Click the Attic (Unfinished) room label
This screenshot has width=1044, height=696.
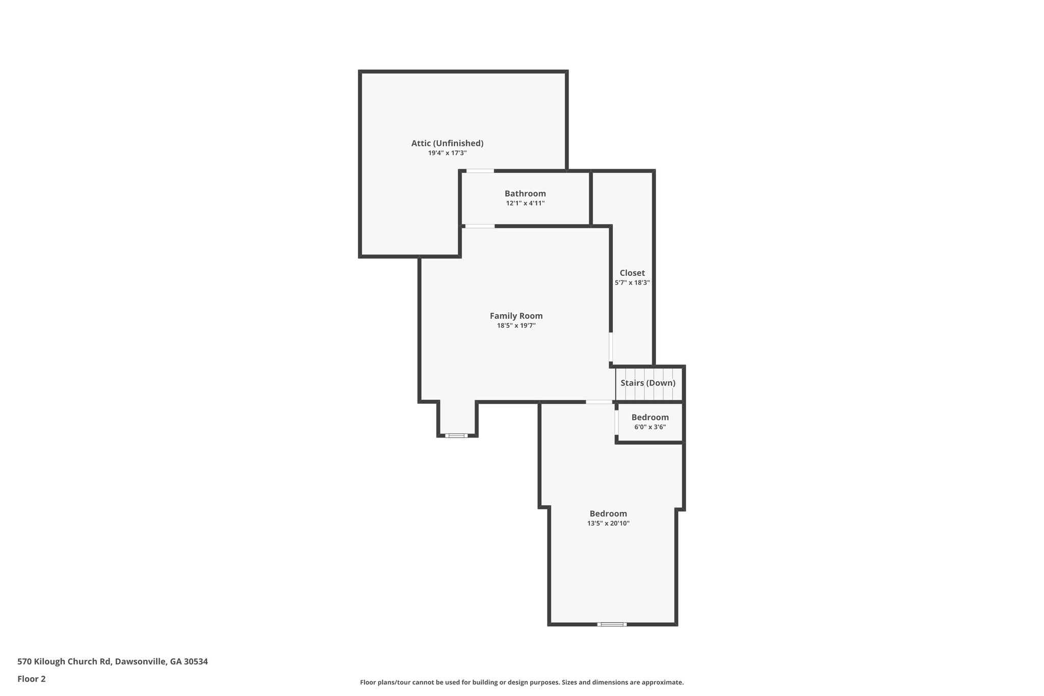[447, 143]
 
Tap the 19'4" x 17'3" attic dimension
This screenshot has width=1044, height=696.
[447, 153]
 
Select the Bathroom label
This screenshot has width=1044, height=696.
[525, 194]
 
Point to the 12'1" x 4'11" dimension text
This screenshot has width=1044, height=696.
[525, 203]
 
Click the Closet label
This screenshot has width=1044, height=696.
[632, 273]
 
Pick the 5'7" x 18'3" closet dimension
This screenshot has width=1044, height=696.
[632, 282]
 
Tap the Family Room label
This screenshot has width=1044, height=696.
[516, 316]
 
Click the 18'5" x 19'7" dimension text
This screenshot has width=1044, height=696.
[516, 326]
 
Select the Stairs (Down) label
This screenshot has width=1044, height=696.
[648, 383]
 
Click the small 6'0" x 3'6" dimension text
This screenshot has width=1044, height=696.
[650, 427]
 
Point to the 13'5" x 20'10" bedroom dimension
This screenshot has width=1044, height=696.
[608, 524]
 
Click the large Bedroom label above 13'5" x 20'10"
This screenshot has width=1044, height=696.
[608, 514]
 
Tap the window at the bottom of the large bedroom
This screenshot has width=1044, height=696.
[612, 624]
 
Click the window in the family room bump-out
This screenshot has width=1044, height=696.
[456, 435]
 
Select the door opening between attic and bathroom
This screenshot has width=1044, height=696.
[480, 171]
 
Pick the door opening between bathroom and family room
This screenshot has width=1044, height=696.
[480, 226]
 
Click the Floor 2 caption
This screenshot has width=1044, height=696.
[32, 679]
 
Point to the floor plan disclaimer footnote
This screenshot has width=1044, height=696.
[522, 682]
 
